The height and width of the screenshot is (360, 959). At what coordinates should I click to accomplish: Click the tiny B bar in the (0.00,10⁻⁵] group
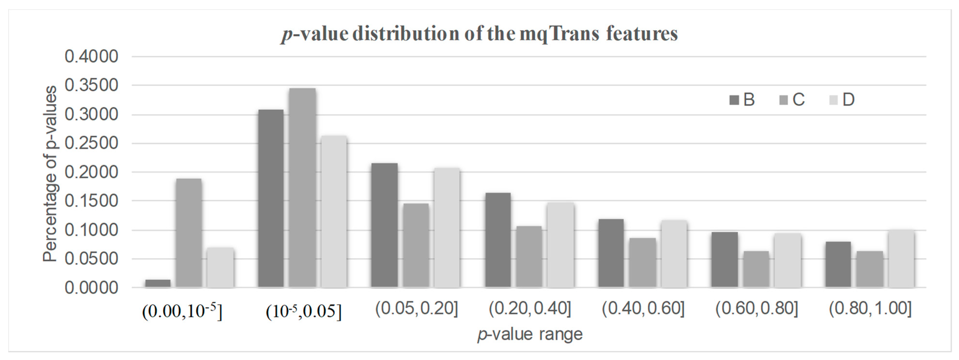click(158, 283)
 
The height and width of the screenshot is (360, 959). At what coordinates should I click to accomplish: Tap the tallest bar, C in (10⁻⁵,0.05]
click(302, 188)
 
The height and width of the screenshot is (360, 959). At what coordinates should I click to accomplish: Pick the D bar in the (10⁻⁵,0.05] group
click(334, 212)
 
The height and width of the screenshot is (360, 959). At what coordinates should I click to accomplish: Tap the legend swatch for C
click(783, 100)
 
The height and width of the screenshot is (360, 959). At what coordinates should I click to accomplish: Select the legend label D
click(848, 100)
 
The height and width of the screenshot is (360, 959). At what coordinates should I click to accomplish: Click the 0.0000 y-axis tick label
click(91, 288)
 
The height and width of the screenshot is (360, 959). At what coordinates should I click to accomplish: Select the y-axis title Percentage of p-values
click(50, 174)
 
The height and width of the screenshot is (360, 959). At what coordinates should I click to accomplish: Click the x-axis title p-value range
click(530, 334)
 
